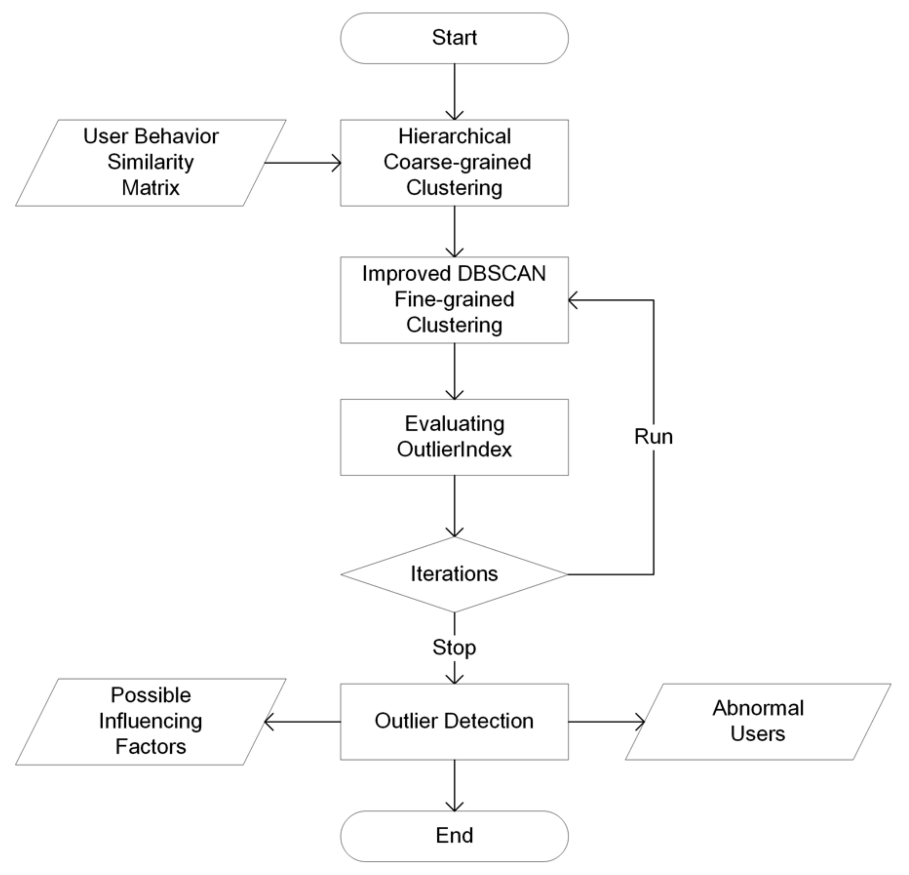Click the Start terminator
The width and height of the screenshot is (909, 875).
click(454, 38)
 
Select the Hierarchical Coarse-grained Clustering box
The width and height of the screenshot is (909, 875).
click(454, 162)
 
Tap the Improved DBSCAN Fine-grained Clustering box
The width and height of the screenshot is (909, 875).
click(454, 299)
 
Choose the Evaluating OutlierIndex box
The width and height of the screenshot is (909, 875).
click(454, 437)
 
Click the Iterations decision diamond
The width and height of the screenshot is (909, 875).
click(454, 574)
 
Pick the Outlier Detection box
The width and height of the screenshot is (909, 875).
click(454, 721)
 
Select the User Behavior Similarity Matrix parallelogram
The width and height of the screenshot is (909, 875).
click(151, 162)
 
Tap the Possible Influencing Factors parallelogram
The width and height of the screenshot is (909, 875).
click(151, 721)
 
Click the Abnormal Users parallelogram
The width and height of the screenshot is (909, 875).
click(758, 721)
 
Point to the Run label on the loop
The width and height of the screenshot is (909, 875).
click(653, 437)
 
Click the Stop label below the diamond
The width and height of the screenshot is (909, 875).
click(454, 647)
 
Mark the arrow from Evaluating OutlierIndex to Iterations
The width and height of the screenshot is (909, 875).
click(454, 505)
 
